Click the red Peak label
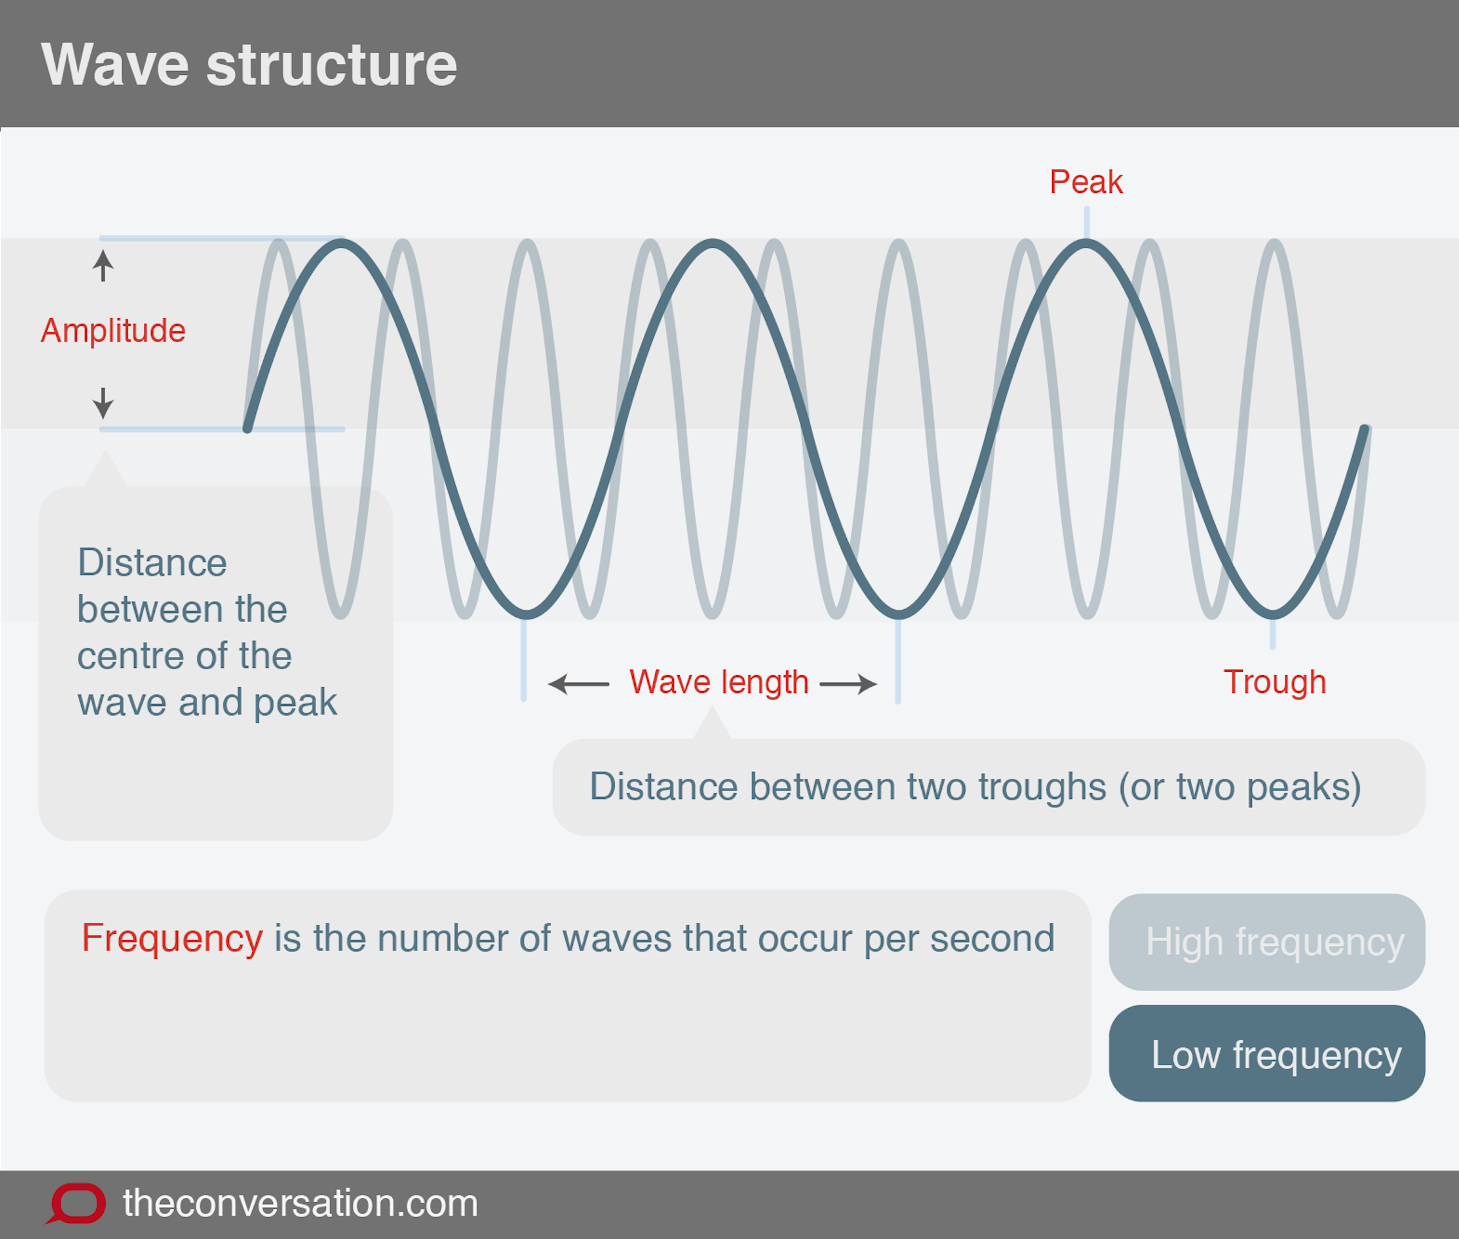(x=1086, y=182)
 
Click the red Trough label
(x=1275, y=682)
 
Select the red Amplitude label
(x=113, y=330)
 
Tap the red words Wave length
(x=719, y=682)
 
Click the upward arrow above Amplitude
(x=103, y=265)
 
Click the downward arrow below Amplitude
(x=103, y=403)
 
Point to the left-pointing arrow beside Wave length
(x=578, y=683)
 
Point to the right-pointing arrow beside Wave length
(x=848, y=683)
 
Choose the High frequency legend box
(x=1267, y=942)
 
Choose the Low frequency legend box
(x=1267, y=1054)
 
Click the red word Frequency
(x=172, y=938)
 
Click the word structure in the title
(x=332, y=65)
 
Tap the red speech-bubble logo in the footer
(x=77, y=1203)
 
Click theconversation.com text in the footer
(x=300, y=1203)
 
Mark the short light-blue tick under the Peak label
(x=1086, y=222)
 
